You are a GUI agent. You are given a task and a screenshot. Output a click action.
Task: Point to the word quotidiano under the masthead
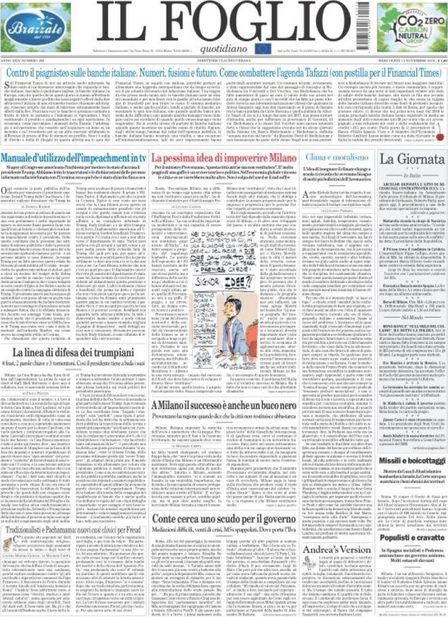[223, 46]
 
